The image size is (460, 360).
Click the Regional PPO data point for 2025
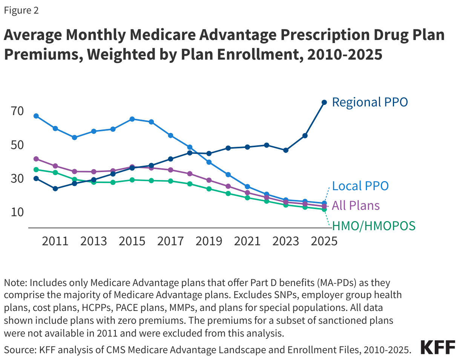tap(324, 102)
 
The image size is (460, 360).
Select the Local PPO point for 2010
tap(36, 116)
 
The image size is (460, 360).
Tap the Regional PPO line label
tap(370, 102)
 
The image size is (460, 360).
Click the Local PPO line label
tap(360, 186)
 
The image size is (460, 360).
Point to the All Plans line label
tap(356, 206)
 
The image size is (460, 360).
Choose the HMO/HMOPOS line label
tap(373, 226)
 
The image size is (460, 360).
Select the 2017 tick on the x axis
tap(170, 241)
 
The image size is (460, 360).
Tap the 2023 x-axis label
tap(285, 241)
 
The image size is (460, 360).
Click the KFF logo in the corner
tap(437, 347)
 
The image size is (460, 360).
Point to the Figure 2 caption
tap(21, 11)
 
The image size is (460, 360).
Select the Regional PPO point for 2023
tap(285, 150)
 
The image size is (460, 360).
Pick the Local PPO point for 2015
tap(132, 119)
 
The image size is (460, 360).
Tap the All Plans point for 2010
tap(36, 159)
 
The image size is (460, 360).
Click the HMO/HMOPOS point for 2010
tap(36, 169)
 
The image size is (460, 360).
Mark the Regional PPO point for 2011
tap(55, 189)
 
